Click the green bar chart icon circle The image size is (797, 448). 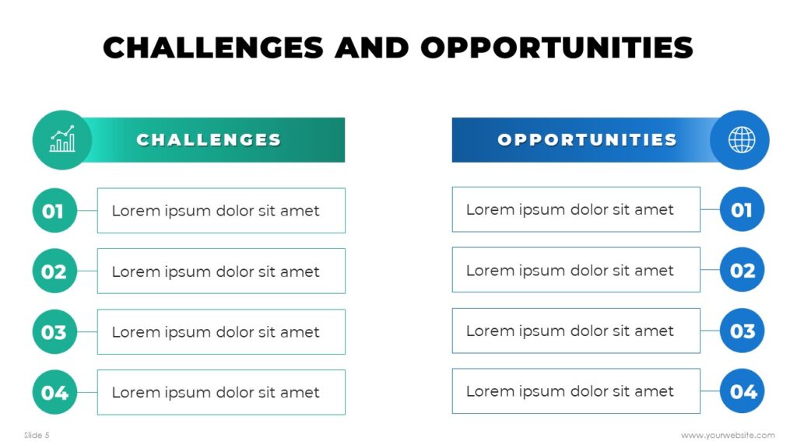[x=62, y=140]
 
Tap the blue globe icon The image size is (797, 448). [x=741, y=140]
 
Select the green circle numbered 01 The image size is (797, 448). [x=54, y=211]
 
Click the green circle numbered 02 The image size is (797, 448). [x=54, y=271]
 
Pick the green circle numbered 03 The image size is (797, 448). [x=54, y=332]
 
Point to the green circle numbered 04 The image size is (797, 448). [x=54, y=393]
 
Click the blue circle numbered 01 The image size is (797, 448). [x=742, y=209]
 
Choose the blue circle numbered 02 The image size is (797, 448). [x=742, y=270]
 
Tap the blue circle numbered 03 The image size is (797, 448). [x=742, y=331]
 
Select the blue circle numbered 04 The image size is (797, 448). [x=742, y=391]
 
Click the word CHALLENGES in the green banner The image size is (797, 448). [x=209, y=140]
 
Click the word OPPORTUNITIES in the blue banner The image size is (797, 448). [x=587, y=140]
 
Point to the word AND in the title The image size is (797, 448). [x=372, y=47]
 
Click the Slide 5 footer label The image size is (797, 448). [x=37, y=436]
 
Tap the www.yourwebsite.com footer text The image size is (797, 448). [x=727, y=436]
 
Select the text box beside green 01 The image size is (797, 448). [x=221, y=211]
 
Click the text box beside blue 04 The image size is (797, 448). [x=576, y=391]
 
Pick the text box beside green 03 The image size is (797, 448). [x=221, y=332]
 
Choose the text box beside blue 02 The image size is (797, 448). [x=576, y=270]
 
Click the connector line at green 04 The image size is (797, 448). [x=87, y=393]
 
